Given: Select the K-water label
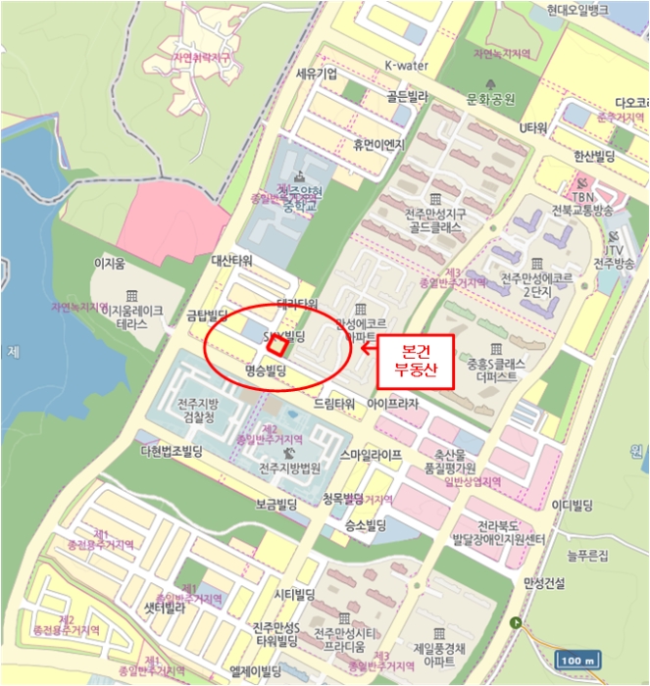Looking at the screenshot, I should (406, 66).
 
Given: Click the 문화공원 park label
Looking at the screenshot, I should (490, 99).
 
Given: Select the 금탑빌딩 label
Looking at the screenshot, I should (207, 315).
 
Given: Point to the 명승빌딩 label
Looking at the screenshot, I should (264, 370).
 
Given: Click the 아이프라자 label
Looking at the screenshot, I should (392, 404).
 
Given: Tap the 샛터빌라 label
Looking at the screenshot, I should (165, 608).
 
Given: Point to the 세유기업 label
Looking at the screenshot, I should (316, 73).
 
